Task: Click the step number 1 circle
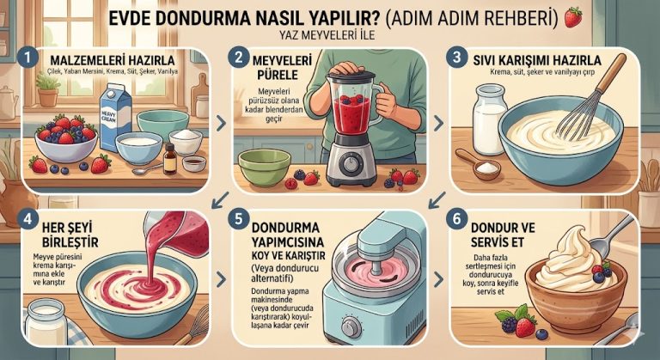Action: point(27,58)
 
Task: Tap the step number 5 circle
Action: point(239,220)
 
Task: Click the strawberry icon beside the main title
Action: point(573,17)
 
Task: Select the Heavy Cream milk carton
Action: point(114,117)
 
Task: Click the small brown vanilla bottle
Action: point(170,159)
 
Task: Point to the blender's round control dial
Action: point(350,165)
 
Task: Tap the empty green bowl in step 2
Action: point(265,167)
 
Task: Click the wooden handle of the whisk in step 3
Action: point(611,73)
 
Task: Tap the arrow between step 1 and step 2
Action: point(221,124)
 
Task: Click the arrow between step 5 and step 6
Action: point(438,278)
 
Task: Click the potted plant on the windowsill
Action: point(47,89)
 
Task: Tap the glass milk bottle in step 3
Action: point(489,119)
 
